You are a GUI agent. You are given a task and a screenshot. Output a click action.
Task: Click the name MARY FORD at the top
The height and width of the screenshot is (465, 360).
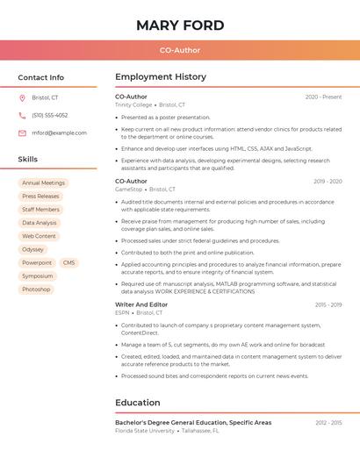coord(180,25)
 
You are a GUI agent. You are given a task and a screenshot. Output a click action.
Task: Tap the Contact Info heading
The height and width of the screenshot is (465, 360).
coord(41,77)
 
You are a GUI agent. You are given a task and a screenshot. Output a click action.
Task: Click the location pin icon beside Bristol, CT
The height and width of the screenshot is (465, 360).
coord(22,97)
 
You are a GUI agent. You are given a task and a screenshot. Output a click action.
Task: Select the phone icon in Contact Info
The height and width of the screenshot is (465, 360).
coord(22,115)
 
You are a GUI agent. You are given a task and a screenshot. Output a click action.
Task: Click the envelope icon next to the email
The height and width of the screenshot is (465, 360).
coord(22,132)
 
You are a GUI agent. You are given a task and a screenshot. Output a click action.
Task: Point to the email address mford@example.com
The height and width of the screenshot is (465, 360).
coord(59,132)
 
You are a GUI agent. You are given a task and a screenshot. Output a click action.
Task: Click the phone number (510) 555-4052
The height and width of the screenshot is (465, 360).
coord(49,115)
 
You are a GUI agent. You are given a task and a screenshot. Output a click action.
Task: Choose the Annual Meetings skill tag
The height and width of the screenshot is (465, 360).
coord(43,183)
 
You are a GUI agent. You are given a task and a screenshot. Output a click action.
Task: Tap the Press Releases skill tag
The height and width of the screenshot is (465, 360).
coord(40,197)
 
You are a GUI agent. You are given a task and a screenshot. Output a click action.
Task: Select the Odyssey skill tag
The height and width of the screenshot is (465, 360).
coord(32,249)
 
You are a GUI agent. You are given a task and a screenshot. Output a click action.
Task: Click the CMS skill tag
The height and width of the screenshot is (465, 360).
coord(68,262)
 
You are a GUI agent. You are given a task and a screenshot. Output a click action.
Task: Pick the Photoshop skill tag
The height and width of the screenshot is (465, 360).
coord(36,289)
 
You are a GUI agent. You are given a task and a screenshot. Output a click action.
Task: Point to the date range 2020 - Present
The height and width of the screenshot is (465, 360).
coord(323,97)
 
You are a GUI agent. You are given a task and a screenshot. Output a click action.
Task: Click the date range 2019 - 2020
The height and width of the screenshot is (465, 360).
coord(328,182)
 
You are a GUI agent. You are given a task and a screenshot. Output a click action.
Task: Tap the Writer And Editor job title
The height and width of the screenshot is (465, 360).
coord(141,304)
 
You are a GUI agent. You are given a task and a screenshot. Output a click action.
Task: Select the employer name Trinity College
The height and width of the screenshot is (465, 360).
coord(133,104)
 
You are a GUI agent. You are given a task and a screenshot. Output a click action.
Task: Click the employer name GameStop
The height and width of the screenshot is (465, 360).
coord(128,189)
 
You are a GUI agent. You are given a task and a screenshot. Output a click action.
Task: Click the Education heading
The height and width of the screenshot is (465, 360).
coord(137,403)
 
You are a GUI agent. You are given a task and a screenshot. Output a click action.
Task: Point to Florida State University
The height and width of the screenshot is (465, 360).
coord(145,431)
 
